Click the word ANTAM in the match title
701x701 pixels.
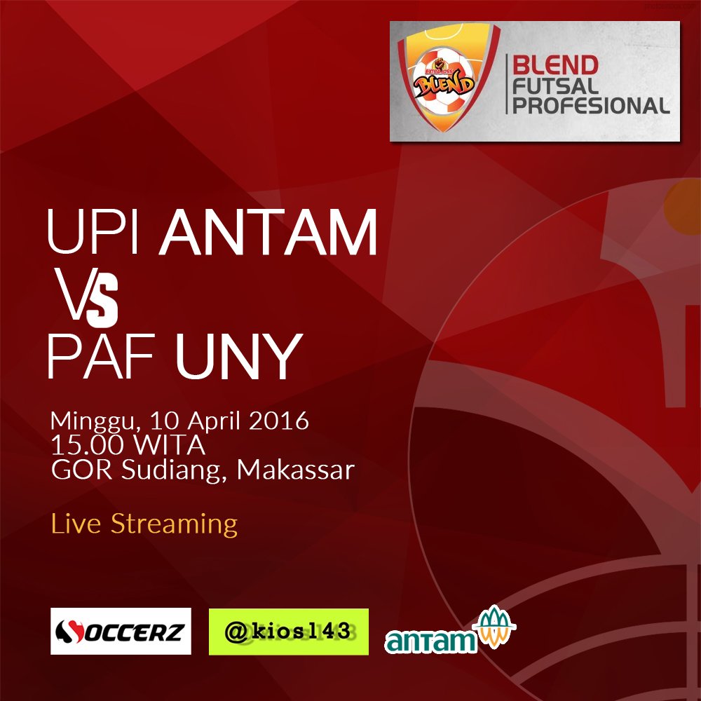[x=270, y=231]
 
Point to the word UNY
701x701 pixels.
[x=238, y=357]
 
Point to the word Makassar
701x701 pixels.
[x=295, y=469]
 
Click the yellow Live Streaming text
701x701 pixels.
[x=144, y=523]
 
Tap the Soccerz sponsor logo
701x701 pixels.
[x=121, y=631]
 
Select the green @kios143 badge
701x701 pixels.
[x=289, y=632]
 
